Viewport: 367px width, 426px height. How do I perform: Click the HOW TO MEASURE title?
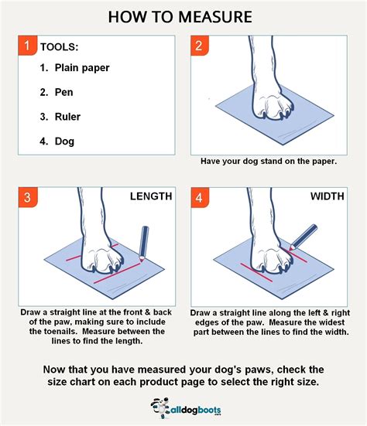click(183, 16)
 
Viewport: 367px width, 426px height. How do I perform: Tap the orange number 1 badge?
click(28, 47)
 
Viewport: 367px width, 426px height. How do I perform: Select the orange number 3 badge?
click(28, 199)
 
